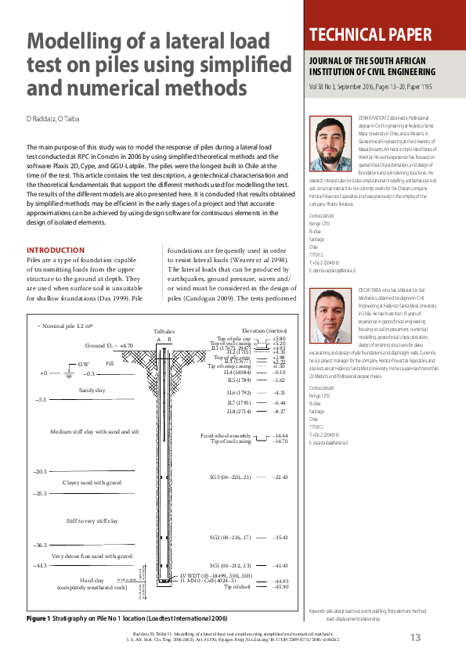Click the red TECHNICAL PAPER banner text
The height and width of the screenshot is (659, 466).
coord(371,35)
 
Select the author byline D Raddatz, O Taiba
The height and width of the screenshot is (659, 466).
coord(53,119)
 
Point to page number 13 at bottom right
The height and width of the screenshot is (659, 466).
coord(415,638)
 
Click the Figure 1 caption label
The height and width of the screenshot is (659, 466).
coord(38,618)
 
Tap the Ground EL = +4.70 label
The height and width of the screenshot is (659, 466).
coord(109,344)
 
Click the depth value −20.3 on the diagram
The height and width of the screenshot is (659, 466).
coord(40,472)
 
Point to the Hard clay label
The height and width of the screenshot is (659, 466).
coord(81,579)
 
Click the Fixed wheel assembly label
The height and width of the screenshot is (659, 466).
coord(226,435)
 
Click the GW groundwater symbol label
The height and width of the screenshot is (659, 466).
coord(83,365)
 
